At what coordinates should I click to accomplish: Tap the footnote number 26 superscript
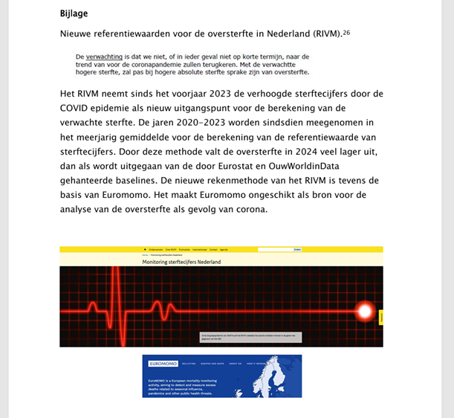[346, 32]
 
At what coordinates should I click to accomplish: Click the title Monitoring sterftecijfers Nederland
[181, 262]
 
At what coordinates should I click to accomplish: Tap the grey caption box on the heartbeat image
[250, 337]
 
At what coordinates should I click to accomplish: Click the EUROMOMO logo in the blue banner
[159, 364]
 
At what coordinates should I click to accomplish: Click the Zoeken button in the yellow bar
[297, 250]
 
